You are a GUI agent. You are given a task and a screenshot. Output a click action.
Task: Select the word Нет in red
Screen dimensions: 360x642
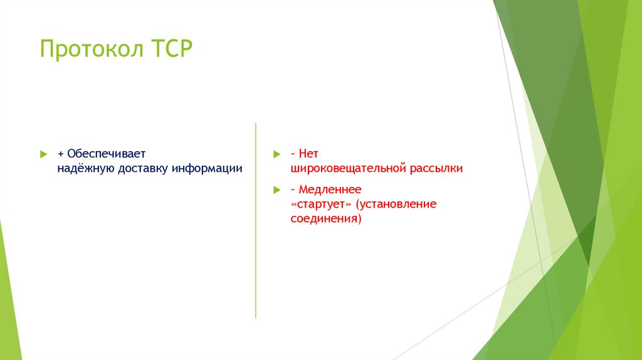[x=309, y=154]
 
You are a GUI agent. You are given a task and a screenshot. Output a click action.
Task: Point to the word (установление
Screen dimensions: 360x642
[x=396, y=204]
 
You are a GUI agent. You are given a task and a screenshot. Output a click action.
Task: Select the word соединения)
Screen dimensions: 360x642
[x=326, y=219]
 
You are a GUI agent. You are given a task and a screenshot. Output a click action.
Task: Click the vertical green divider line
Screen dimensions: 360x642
[x=256, y=220]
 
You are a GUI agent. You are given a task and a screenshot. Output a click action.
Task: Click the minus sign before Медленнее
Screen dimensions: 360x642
[x=293, y=189]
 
